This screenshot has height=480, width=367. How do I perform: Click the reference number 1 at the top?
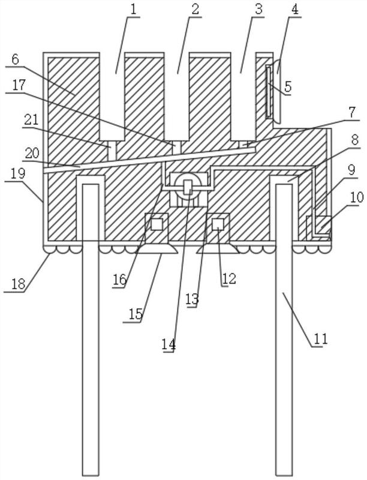click(134, 10)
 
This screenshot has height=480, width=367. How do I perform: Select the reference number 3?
click(258, 10)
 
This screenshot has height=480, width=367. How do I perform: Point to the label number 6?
click(16, 59)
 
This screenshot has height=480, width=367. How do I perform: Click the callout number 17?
click(19, 85)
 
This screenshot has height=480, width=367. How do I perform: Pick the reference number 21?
click(31, 119)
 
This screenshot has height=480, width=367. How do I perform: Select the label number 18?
click(18, 284)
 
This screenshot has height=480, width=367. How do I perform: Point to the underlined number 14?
click(169, 344)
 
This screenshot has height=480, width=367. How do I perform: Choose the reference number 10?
click(357, 197)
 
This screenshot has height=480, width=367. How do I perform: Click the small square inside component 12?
click(218, 224)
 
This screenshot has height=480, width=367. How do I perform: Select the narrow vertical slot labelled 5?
click(269, 91)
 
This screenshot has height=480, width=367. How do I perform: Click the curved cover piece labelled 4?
click(278, 91)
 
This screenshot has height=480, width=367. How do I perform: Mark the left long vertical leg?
click(91, 329)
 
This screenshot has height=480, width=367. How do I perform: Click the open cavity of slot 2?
click(177, 97)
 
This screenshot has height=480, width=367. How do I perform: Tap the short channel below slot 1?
click(113, 151)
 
